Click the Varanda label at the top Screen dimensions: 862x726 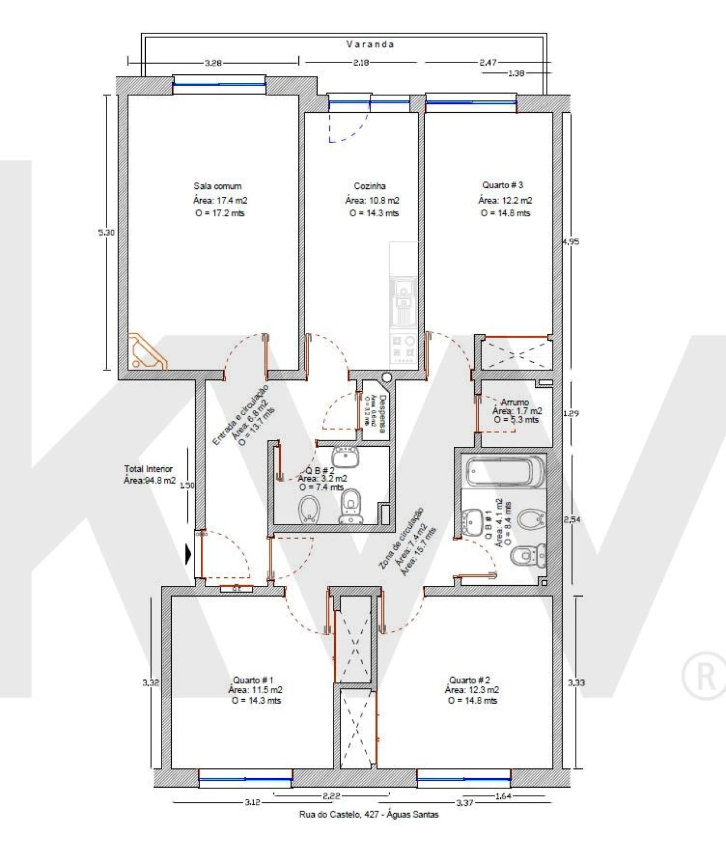(370, 44)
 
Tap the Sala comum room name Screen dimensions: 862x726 (217, 186)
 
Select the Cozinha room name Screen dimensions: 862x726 (370, 186)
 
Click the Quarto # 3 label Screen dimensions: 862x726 (503, 185)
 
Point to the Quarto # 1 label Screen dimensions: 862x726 (253, 680)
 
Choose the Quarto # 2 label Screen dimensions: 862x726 (470, 680)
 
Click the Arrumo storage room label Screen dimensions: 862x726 (514, 402)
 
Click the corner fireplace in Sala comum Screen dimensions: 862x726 (145, 352)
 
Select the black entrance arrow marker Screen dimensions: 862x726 (189, 553)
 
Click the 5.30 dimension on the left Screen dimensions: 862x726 (106, 233)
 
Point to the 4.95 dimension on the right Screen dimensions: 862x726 (571, 242)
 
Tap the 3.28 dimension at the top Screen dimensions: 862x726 (213, 63)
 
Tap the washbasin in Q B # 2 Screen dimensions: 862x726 (345, 457)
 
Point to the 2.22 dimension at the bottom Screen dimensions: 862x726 (331, 796)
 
